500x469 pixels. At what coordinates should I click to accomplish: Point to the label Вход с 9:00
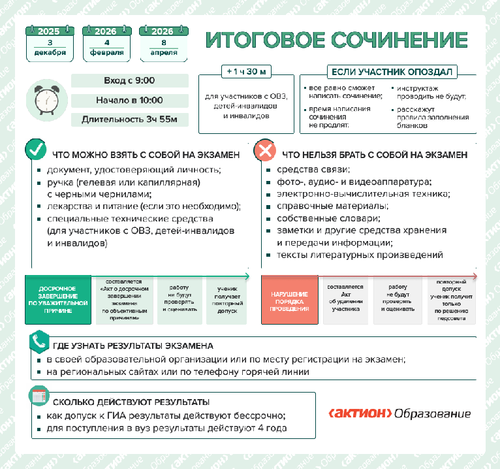click(x=129, y=81)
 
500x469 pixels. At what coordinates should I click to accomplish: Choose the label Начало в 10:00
click(x=129, y=100)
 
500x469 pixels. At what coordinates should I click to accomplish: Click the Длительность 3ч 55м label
click(x=129, y=120)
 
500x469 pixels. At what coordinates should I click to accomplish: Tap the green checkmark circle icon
click(x=35, y=150)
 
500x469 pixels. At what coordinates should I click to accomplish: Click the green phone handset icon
click(x=40, y=342)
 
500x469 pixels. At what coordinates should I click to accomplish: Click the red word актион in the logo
click(x=360, y=414)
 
